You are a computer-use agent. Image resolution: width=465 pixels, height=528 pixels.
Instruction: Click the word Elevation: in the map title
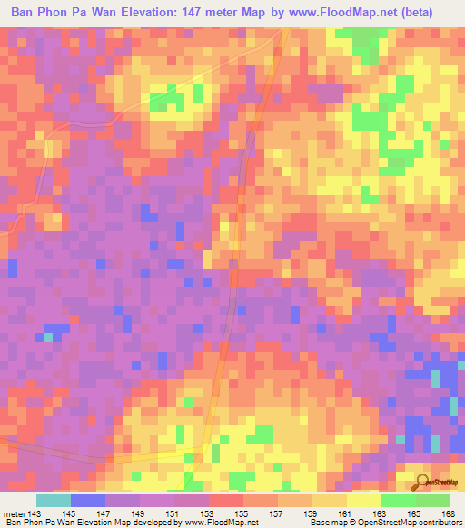pos(169,13)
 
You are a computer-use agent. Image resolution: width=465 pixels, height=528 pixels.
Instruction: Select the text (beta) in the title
pos(411,13)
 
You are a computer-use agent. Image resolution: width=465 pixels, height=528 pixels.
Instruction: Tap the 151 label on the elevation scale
pos(159,513)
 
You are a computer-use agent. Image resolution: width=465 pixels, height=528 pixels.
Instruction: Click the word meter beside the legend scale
pos(15,513)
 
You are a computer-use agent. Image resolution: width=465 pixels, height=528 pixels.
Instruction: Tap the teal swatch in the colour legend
pos(54,500)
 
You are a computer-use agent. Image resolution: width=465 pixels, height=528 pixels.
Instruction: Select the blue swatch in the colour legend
pos(88,500)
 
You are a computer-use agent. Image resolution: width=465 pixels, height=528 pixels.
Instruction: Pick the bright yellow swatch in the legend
pos(364,500)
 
